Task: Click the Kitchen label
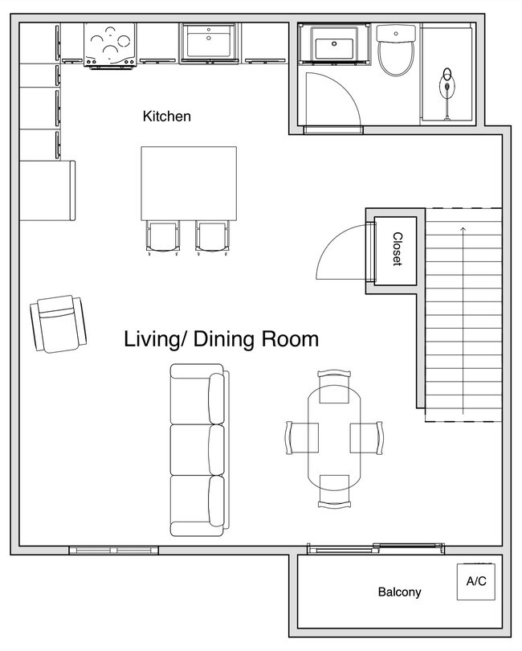(x=167, y=117)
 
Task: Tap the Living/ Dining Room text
(x=221, y=339)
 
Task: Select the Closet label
(x=398, y=248)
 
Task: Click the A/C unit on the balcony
(x=476, y=581)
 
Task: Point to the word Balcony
(x=399, y=592)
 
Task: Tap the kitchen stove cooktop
(x=110, y=44)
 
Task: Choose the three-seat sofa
(x=199, y=450)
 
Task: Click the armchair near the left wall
(x=58, y=324)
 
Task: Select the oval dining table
(x=334, y=439)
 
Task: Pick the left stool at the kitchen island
(x=163, y=237)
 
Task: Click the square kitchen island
(x=189, y=183)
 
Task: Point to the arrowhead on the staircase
(x=463, y=229)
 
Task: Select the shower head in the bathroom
(x=447, y=86)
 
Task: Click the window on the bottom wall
(x=114, y=551)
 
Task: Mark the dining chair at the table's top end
(x=334, y=387)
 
